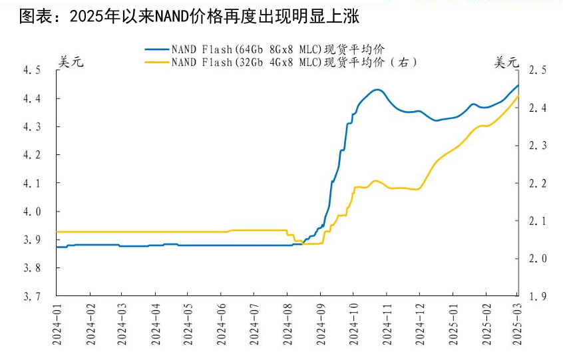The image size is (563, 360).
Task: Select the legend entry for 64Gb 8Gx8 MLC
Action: point(278,49)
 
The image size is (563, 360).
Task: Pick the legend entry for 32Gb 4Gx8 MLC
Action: point(293,63)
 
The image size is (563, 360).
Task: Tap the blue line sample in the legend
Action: point(157,49)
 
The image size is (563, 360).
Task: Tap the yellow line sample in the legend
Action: point(157,63)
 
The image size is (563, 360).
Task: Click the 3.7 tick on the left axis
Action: point(32,296)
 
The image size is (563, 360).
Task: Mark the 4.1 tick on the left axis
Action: point(32,183)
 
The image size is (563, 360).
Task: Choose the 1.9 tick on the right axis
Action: point(537,296)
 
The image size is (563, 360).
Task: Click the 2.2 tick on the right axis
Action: point(537,183)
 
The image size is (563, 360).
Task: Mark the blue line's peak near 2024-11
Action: point(377,89)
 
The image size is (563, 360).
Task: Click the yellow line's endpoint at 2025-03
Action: point(518,96)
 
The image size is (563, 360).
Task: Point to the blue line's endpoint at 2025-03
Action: point(518,85)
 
